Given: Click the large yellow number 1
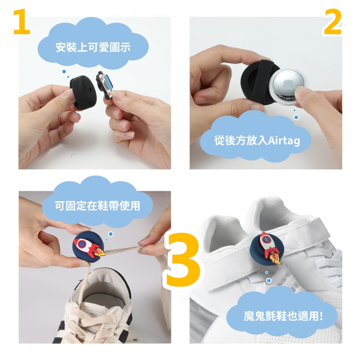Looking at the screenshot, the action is click(x=22, y=22).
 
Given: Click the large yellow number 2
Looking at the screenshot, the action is click(x=333, y=22).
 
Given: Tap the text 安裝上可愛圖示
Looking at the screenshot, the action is click(x=93, y=47).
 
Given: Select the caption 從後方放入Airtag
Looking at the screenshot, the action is click(x=257, y=140).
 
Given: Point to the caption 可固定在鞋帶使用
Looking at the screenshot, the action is click(x=97, y=206).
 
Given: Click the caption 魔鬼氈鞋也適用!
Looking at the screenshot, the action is click(x=283, y=316).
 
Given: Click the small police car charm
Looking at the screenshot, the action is click(x=105, y=84).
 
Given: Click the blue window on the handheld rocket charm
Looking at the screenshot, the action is click(x=81, y=244).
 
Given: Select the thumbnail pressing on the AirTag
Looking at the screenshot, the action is click(x=299, y=92).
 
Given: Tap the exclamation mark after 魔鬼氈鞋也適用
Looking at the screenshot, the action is click(x=321, y=316).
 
